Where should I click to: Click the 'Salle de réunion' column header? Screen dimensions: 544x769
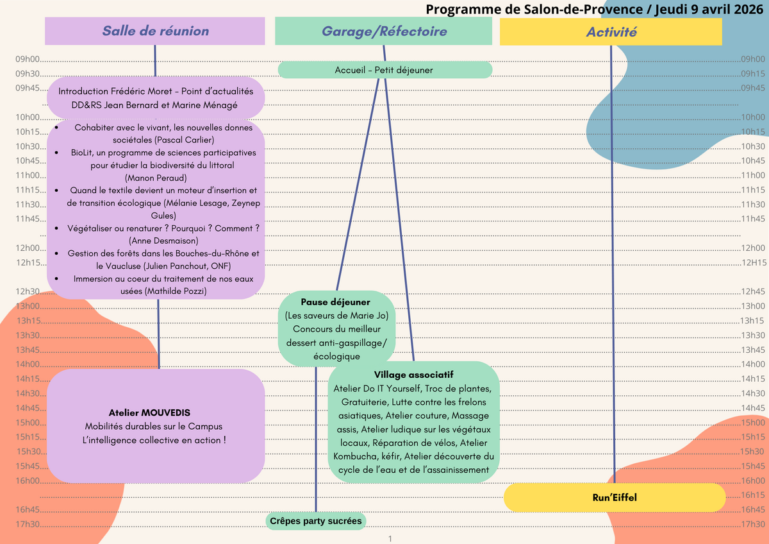coord(155,31)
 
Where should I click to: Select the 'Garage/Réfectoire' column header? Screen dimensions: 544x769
coord(384,31)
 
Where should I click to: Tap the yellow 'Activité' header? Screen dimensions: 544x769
coord(611,31)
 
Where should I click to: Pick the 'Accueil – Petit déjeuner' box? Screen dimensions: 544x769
coord(384,70)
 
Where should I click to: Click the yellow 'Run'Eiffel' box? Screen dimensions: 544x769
coord(615,497)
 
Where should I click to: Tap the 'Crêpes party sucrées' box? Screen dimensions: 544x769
coord(316,521)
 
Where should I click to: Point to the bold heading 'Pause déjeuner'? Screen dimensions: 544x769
coord(336,302)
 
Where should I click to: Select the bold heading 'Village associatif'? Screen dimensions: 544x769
coord(414,374)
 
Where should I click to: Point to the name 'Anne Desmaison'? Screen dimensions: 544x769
coord(163,241)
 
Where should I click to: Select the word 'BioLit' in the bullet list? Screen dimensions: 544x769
coord(84,153)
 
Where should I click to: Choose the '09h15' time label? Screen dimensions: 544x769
coord(753,74)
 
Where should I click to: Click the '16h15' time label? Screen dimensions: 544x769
coord(753,495)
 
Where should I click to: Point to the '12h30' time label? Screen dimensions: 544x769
coord(27,292)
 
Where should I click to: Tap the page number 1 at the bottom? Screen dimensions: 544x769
coord(390,539)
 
